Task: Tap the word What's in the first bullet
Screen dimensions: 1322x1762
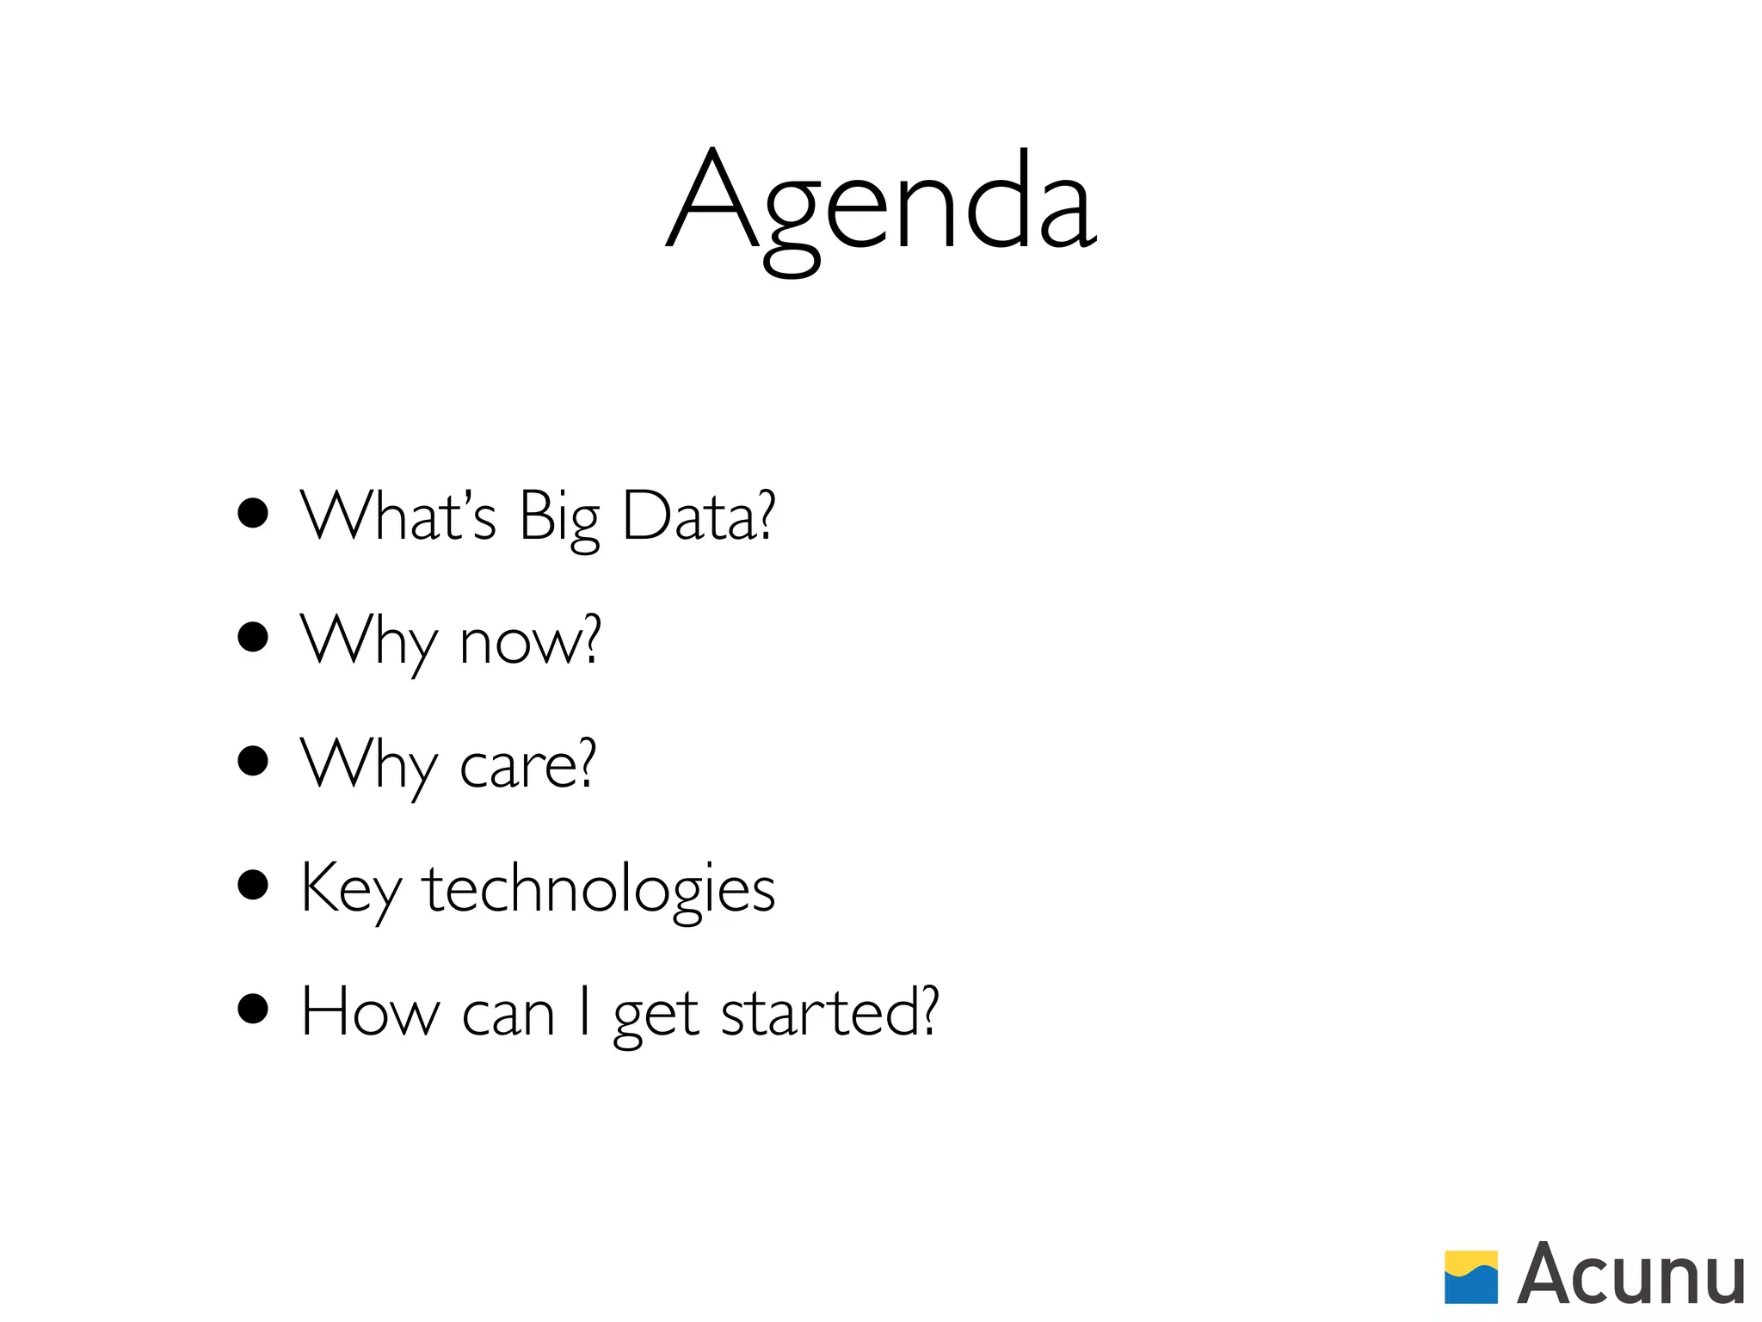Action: (x=398, y=516)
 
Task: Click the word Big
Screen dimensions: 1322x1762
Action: (x=559, y=519)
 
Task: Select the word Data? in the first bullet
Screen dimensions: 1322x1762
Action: (x=699, y=516)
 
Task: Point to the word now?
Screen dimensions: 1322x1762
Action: (x=530, y=641)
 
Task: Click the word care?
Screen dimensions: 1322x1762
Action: (x=527, y=764)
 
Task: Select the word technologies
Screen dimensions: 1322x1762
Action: (x=599, y=891)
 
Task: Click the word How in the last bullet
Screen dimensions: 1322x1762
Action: (x=370, y=1013)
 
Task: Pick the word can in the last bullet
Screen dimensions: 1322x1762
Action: (x=508, y=1016)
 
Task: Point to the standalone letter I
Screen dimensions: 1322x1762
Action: (x=585, y=1011)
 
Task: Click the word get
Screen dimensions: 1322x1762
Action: (x=656, y=1017)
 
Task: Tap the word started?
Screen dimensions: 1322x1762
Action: (x=829, y=1013)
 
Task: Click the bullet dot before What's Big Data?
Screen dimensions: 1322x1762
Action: (x=253, y=514)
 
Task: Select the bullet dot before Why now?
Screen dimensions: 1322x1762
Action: (x=253, y=638)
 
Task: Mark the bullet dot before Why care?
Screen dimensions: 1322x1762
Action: (x=253, y=761)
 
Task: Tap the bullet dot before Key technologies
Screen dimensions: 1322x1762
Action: (x=253, y=885)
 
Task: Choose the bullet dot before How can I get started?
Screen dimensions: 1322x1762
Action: (x=253, y=1009)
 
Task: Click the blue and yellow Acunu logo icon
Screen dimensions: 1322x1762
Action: (x=1471, y=1277)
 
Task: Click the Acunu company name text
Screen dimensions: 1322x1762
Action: (x=1631, y=1275)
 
